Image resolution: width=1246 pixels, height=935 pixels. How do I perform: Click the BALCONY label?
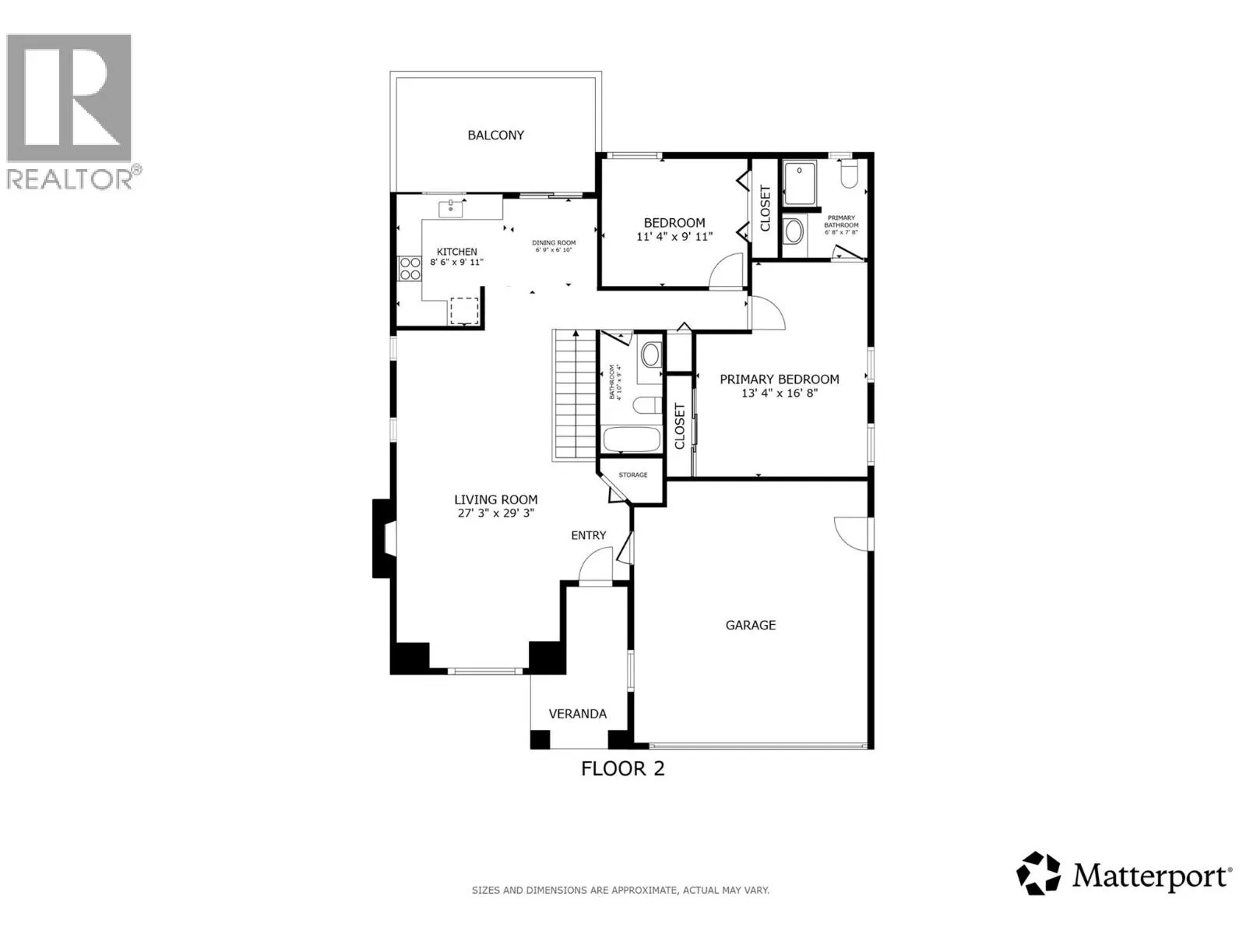coord(495,135)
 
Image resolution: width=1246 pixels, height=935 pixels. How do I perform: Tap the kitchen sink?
coord(451,209)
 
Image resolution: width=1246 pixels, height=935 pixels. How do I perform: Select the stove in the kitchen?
coord(408,269)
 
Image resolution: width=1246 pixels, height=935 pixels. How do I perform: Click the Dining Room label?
coord(554,243)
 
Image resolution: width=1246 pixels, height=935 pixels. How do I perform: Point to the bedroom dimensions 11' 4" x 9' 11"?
coord(674,237)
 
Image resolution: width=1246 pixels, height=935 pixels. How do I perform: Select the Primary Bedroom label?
coord(779,379)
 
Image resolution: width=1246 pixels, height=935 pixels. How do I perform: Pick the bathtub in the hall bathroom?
coord(631,440)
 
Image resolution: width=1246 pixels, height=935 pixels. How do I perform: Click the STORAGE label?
coord(633,475)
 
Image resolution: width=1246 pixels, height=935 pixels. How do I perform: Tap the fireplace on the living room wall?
coord(384,538)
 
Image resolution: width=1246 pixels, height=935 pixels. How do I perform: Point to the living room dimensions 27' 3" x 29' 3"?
coord(496,513)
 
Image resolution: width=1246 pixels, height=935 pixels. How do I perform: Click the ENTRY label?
coord(588,535)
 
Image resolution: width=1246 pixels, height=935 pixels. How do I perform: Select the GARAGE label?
coord(750,625)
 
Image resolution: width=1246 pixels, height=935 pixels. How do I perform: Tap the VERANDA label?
coord(577,714)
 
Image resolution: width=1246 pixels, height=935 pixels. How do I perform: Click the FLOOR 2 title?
coord(623,769)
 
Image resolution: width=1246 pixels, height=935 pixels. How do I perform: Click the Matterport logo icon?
coord(1039,873)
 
